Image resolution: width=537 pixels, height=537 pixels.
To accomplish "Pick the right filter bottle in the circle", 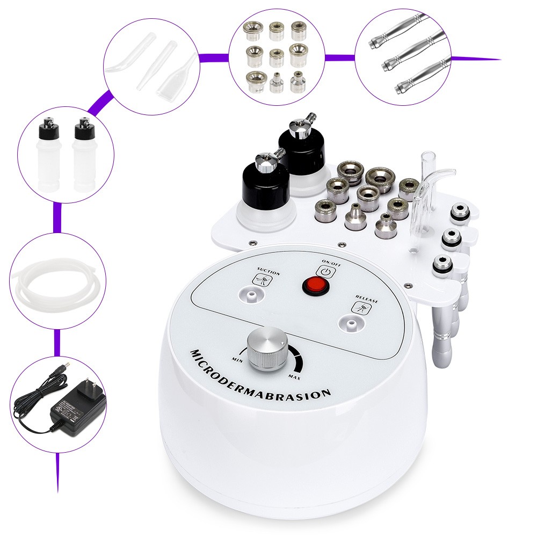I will pos(83,156).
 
